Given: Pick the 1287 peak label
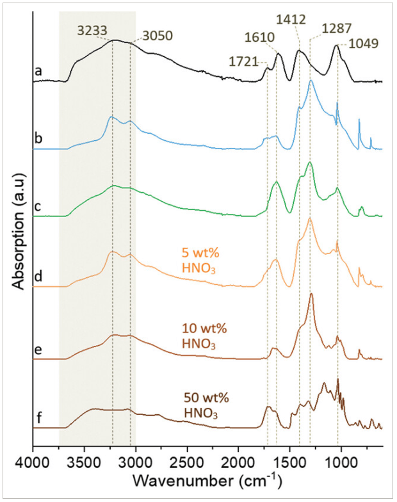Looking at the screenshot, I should [336, 30].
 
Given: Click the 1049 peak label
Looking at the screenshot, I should [363, 44].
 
